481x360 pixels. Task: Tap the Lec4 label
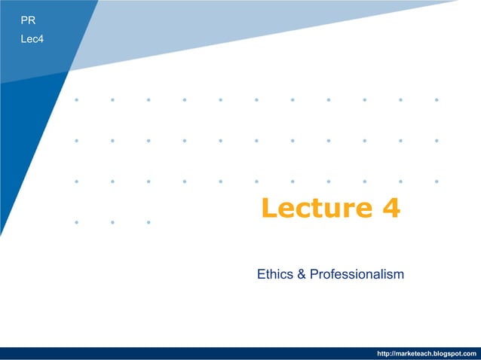tap(32, 38)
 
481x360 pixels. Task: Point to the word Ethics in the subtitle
tap(274, 274)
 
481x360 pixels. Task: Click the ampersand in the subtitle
tap(301, 274)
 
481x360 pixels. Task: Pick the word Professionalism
tap(357, 274)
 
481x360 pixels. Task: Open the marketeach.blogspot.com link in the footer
tap(426, 353)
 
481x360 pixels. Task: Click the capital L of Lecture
tap(269, 208)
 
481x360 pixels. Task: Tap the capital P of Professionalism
tap(316, 274)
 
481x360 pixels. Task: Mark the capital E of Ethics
tap(261, 274)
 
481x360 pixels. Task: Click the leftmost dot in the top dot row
tap(76, 99)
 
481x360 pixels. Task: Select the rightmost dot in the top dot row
tap(437, 99)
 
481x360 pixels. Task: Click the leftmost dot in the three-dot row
tap(76, 222)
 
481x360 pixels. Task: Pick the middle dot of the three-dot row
tap(112, 222)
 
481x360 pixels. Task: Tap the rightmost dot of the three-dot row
tap(149, 222)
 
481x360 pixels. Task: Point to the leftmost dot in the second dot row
tap(76, 140)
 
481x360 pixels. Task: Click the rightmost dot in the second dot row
tap(437, 140)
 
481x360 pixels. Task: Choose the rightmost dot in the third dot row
tap(437, 182)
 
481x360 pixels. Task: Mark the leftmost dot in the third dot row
tap(76, 182)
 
